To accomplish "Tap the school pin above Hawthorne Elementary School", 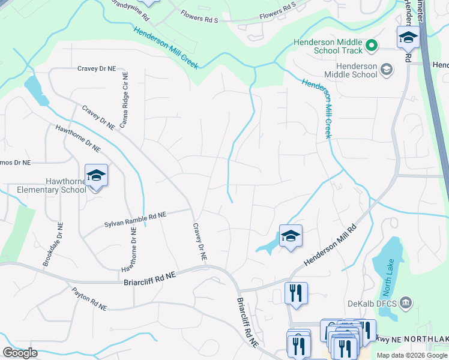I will (96, 175).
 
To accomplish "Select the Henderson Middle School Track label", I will (328, 46).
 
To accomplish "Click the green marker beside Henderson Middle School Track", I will (372, 45).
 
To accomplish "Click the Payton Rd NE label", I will (89, 299).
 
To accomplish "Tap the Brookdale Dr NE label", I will (52, 244).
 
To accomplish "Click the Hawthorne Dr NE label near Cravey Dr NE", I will (78, 138).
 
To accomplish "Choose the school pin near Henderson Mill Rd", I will (291, 236).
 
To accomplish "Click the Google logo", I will (20, 353).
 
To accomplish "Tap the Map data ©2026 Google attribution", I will (412, 355).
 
